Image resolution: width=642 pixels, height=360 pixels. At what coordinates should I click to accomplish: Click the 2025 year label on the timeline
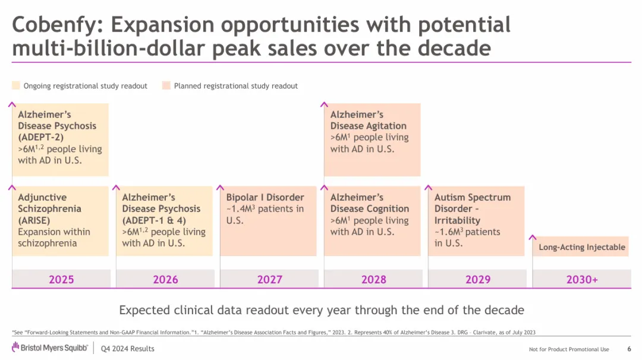pyautogui.click(x=61, y=279)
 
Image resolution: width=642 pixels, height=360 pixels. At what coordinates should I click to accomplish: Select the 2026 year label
pyautogui.click(x=165, y=279)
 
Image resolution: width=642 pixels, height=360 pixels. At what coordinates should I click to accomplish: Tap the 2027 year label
pyautogui.click(x=269, y=279)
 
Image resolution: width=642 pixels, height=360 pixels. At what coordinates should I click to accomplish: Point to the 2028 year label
pyautogui.click(x=373, y=279)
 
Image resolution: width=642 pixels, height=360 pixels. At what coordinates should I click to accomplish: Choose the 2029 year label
pyautogui.click(x=477, y=279)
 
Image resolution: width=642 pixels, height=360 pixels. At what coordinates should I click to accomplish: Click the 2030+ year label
pyautogui.click(x=581, y=279)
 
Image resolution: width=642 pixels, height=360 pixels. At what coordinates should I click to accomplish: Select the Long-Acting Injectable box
pyautogui.click(x=582, y=247)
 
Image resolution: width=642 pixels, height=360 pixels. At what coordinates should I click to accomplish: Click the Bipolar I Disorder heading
pyautogui.click(x=265, y=197)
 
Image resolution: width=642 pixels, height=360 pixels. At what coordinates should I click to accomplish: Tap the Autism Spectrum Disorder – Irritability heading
pyautogui.click(x=472, y=209)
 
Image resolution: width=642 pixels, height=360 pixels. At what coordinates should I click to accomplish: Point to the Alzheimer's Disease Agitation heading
pyautogui.click(x=369, y=120)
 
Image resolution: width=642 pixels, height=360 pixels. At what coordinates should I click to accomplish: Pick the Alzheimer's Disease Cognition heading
pyautogui.click(x=370, y=203)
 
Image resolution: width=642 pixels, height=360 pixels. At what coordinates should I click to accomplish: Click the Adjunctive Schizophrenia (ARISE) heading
pyautogui.click(x=49, y=209)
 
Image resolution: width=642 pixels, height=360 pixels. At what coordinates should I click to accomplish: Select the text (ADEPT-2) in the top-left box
pyautogui.click(x=40, y=137)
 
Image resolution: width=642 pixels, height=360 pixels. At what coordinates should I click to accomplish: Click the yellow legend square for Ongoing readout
pyautogui.click(x=16, y=86)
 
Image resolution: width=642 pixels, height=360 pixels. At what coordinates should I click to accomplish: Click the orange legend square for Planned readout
pyautogui.click(x=166, y=86)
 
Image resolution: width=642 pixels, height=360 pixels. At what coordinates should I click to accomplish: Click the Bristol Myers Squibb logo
pyautogui.click(x=50, y=348)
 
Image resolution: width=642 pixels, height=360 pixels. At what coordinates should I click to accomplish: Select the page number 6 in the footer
pyautogui.click(x=629, y=349)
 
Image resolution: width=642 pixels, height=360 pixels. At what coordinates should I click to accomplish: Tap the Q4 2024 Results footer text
pyautogui.click(x=128, y=349)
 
